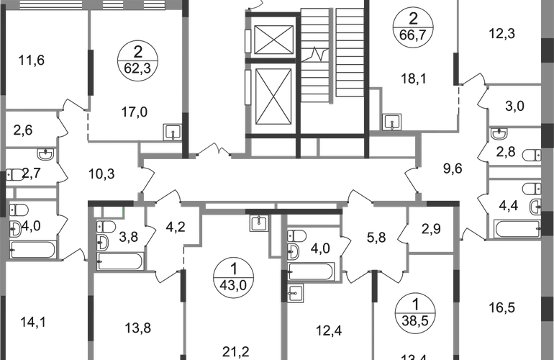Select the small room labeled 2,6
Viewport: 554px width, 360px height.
(x=23, y=130)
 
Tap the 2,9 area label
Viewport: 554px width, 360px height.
(x=431, y=230)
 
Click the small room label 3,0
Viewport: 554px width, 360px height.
(x=513, y=109)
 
